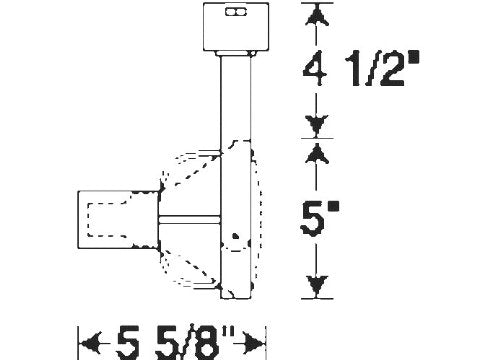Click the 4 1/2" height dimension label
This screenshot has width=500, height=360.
361,69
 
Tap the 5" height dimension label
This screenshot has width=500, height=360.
319,218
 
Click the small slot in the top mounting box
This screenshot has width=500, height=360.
236,12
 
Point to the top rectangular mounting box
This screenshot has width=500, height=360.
236,27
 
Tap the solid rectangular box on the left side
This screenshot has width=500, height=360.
118,220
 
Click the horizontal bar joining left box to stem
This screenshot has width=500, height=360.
189,220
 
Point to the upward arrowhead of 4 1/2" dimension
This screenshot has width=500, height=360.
317,15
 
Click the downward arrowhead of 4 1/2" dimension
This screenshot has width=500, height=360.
317,126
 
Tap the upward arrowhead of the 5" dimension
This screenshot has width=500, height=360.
317,154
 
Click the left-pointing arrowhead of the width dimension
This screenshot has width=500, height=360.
91,343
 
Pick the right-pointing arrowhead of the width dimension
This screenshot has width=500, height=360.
253,343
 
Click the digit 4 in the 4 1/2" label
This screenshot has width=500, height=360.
315,69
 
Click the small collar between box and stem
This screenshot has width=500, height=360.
236,53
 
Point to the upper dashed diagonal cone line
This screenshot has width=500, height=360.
197,171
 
